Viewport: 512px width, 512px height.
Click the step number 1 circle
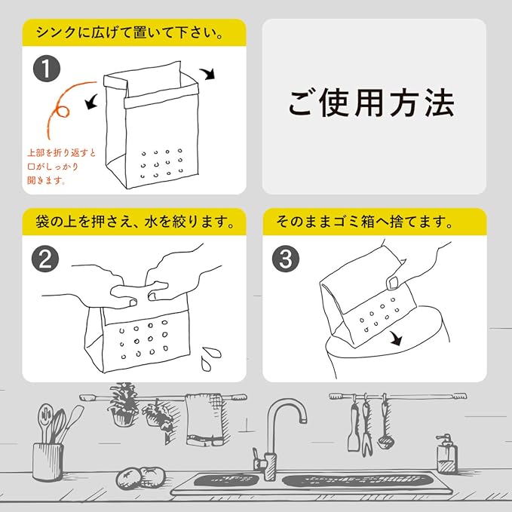pos(47,69)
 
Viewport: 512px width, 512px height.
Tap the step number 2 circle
pos(45,259)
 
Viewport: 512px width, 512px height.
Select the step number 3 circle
pos(286,259)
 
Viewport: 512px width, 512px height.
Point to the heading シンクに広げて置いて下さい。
pos(130,32)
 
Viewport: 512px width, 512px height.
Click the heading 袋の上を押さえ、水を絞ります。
pos(135,222)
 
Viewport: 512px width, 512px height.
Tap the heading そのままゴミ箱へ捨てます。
pos(364,222)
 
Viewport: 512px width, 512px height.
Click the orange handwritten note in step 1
pos(61,167)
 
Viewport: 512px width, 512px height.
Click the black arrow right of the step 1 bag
pos(208,74)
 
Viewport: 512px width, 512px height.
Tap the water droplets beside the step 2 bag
pos(210,358)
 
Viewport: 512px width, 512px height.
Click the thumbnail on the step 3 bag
pos(392,283)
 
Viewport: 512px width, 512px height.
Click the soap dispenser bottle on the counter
pos(447,454)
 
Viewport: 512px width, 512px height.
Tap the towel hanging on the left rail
pos(205,419)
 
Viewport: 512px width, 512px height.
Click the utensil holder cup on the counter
pos(48,461)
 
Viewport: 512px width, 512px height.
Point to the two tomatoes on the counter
pos(141,478)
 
